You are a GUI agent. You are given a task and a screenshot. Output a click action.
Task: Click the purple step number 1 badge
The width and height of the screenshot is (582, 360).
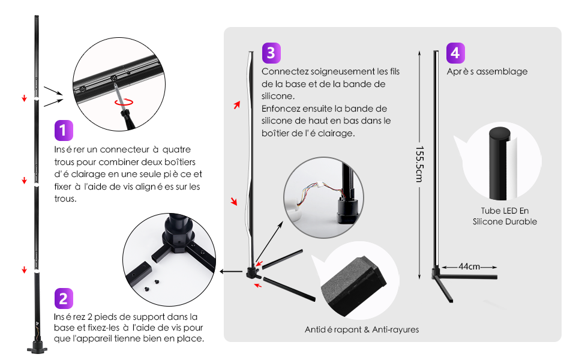click(63, 130)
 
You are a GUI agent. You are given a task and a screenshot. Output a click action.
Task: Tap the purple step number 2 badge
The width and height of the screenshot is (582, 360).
click(63, 298)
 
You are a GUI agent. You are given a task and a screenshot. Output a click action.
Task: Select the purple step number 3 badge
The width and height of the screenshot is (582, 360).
click(271, 52)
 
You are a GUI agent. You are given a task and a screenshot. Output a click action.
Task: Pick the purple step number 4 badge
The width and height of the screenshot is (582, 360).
click(455, 52)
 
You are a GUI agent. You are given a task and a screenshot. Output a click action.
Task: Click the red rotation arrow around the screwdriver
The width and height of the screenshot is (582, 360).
click(124, 103)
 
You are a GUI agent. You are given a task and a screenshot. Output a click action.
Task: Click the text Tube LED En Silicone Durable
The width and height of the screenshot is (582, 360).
click(504, 217)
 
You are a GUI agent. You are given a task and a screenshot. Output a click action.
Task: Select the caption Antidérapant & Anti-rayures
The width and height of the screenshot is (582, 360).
click(361, 329)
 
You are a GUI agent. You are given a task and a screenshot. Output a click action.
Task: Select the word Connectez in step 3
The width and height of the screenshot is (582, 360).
click(281, 71)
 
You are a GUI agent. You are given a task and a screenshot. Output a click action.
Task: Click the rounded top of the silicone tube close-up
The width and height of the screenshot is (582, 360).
click(500, 132)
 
